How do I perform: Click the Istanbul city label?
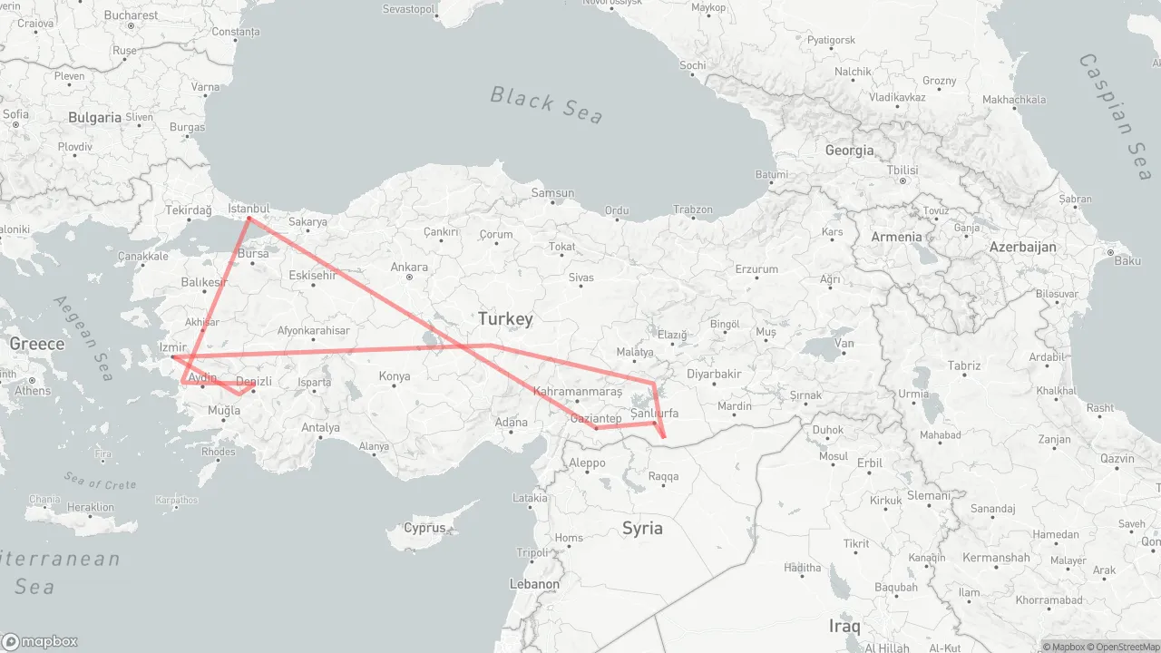pos(249,208)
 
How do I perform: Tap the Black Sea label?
pos(547,103)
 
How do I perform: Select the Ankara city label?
pos(409,267)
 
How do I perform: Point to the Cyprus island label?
pos(424,528)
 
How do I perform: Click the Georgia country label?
pos(849,151)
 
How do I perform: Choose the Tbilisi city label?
pos(902,170)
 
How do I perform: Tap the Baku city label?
pos(1127,261)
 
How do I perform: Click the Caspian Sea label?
pos(1115,116)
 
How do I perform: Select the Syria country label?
pos(642,528)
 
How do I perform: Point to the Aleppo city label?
pos(587,463)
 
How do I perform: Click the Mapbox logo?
pos(40,641)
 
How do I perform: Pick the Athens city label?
pos(33,391)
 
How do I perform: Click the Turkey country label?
pos(505,319)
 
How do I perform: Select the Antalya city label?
pos(320,427)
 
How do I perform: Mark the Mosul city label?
pos(833,455)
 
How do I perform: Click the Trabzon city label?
pos(693,210)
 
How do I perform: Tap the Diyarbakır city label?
pos(714,374)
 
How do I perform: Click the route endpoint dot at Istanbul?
pos(249,218)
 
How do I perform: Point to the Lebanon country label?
pos(534,583)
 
